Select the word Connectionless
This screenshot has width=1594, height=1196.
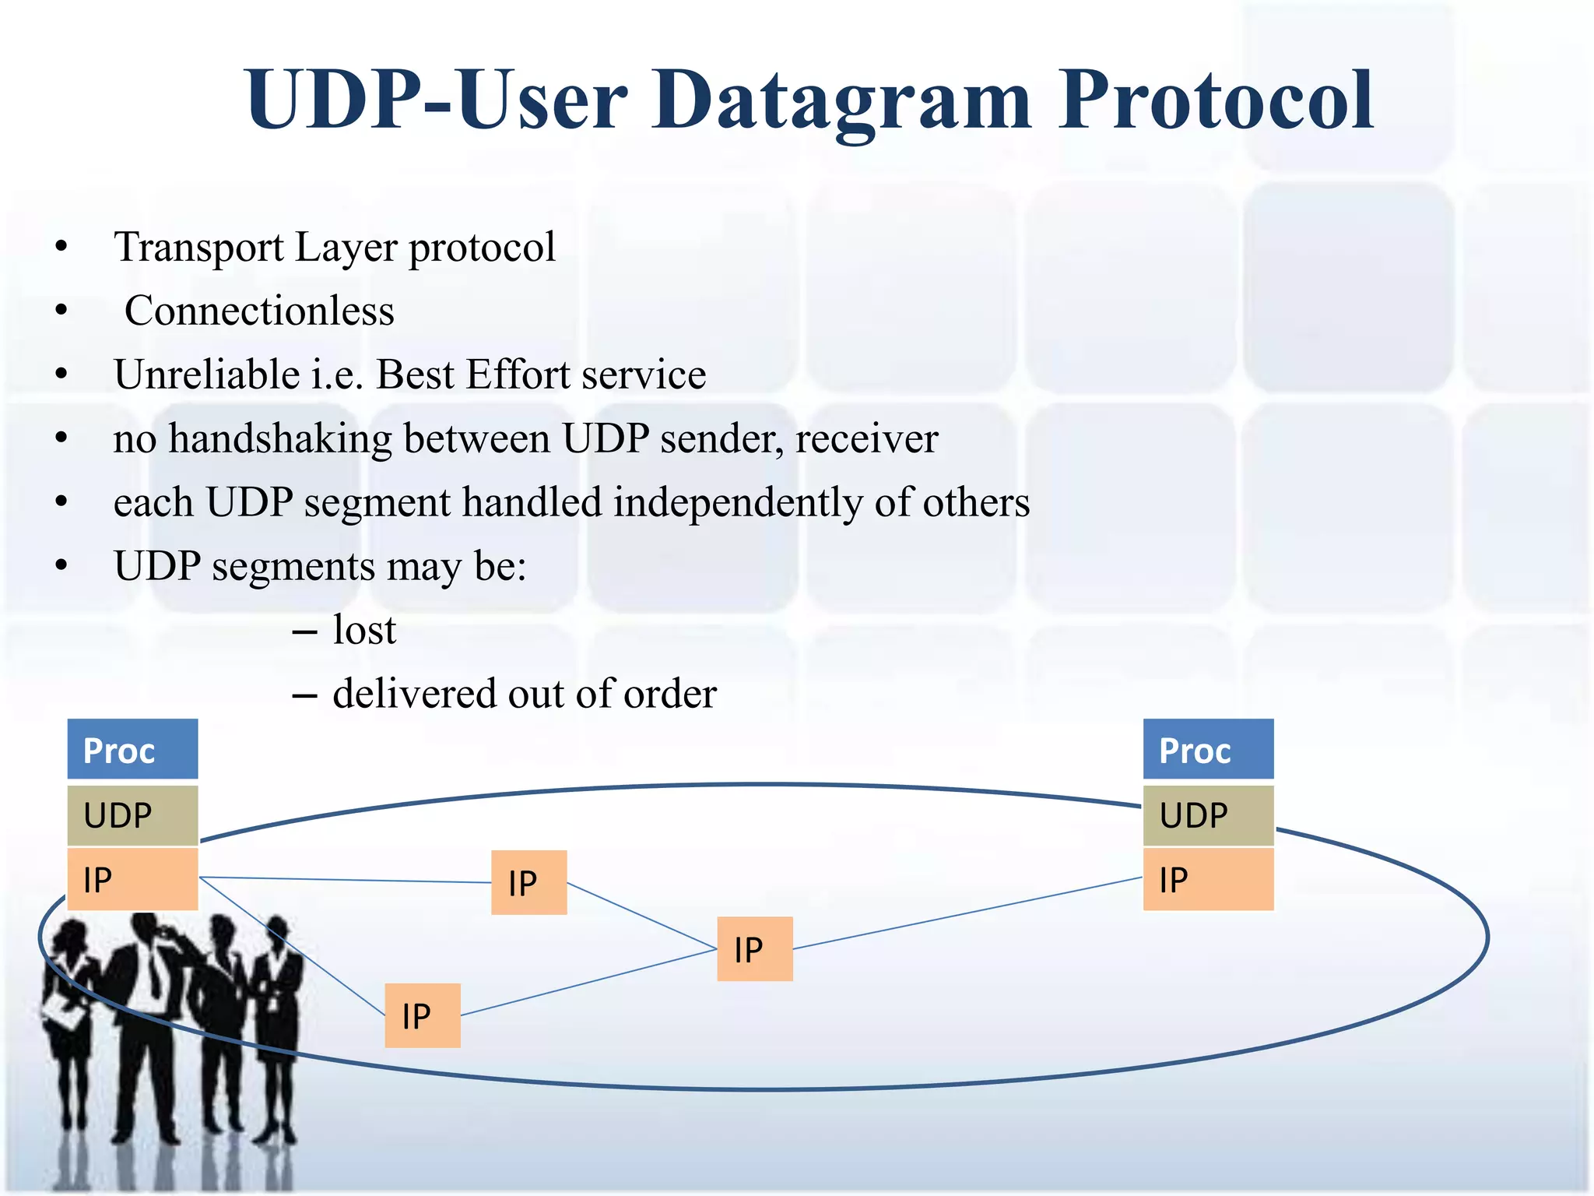coord(259,311)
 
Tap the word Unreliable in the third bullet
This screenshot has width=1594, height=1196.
coord(206,375)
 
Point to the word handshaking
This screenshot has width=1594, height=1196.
coord(281,438)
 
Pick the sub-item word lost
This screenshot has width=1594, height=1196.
coord(364,630)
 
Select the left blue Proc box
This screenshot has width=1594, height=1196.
coord(132,750)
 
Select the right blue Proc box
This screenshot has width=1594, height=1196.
coord(1208,750)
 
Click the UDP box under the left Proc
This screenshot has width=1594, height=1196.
coord(132,815)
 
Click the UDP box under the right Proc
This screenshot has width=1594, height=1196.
coord(1208,815)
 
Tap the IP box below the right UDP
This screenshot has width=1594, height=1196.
coord(1208,880)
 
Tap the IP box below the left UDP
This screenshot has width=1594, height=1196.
coord(132,880)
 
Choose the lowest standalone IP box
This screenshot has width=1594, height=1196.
coord(423,1015)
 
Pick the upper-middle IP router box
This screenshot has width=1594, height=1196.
coord(528,882)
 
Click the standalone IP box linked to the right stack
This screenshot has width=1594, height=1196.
coord(754,949)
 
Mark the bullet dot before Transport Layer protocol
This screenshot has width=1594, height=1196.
coord(61,248)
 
